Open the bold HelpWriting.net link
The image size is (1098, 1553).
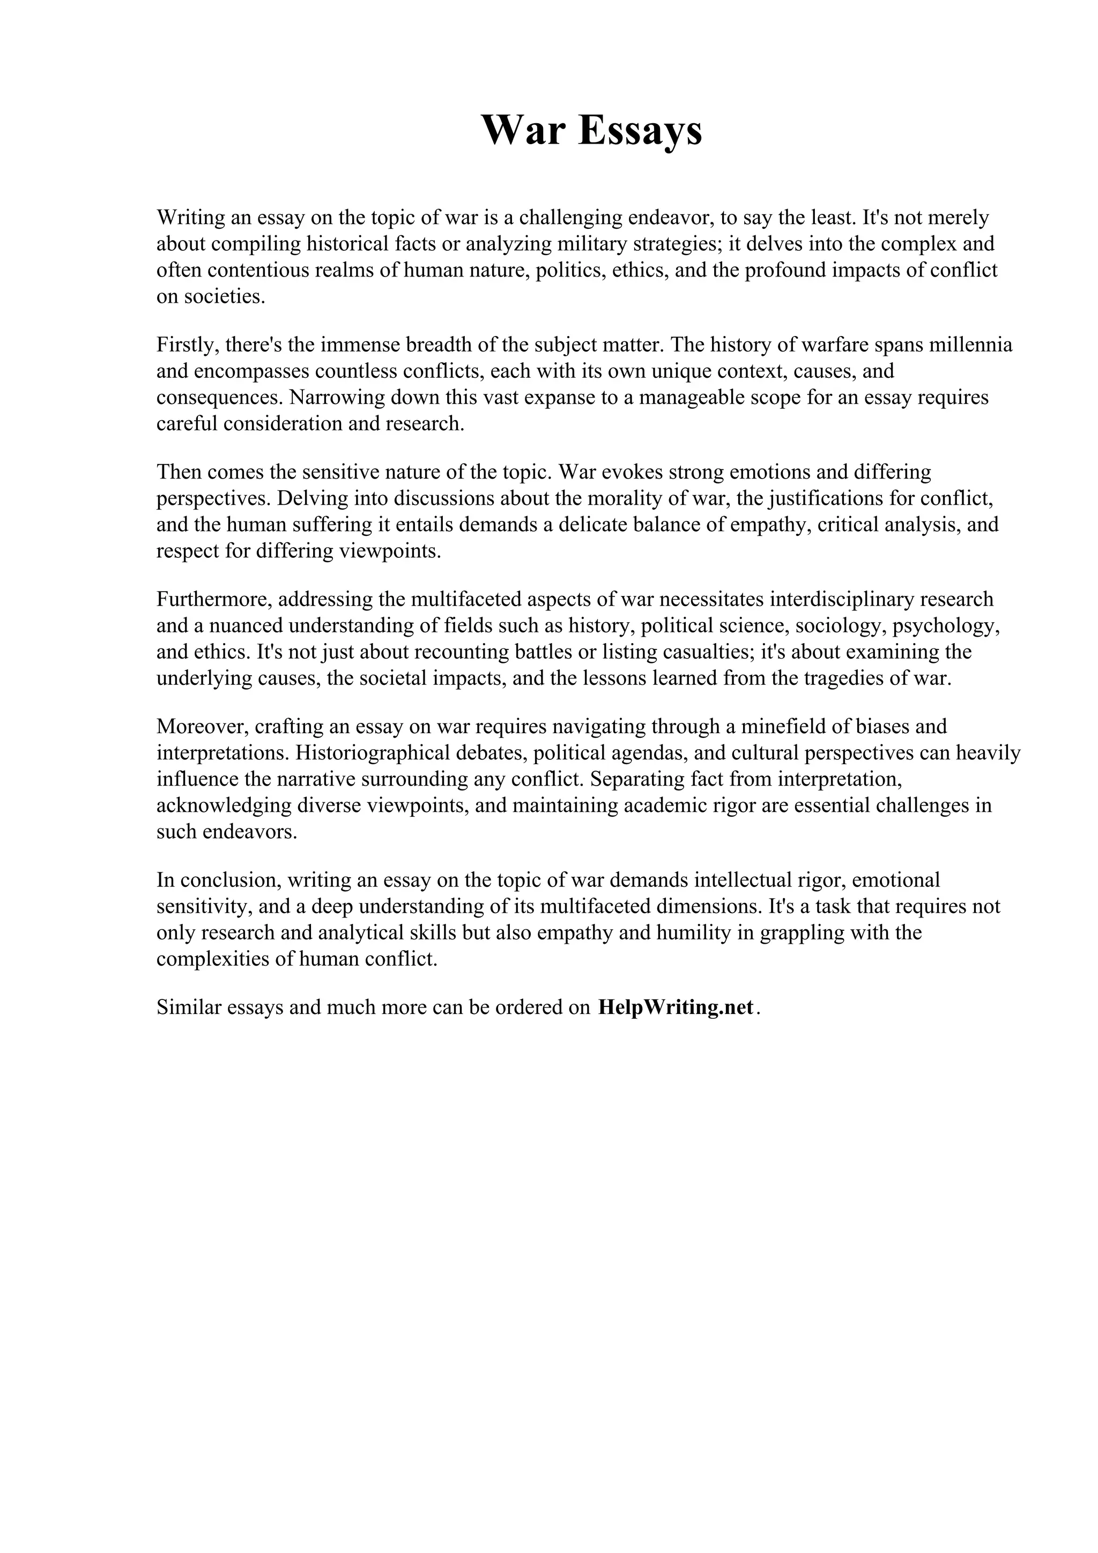click(675, 1008)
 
